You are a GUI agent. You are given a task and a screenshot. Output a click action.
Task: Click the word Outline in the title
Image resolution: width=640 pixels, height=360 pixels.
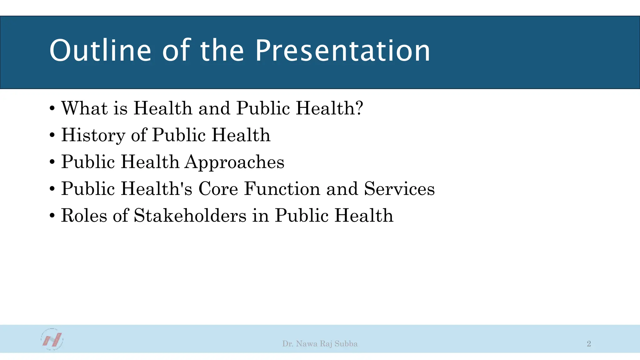pos(100,51)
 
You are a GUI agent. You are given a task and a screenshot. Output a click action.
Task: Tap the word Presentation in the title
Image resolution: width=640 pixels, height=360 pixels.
pos(342,51)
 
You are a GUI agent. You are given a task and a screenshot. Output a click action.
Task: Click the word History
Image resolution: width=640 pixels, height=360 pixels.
pos(93,135)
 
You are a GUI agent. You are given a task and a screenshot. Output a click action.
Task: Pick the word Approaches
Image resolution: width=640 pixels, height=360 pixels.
pos(234,162)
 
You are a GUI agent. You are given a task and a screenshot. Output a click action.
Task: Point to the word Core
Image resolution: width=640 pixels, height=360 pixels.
pos(218,189)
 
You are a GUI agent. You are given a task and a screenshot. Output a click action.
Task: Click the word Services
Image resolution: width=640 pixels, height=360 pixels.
pos(399,189)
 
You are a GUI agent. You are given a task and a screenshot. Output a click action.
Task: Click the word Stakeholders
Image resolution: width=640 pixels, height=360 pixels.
pos(190,216)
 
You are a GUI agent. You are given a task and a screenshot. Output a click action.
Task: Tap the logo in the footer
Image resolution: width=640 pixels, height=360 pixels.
pos(52,339)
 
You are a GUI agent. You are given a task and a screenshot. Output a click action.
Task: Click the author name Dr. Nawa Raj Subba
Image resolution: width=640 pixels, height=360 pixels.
pos(320,344)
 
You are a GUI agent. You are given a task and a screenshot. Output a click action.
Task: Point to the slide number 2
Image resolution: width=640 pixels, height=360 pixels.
pos(589,344)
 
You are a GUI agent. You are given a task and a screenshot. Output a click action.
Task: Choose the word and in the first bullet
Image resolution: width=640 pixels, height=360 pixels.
pos(214,108)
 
